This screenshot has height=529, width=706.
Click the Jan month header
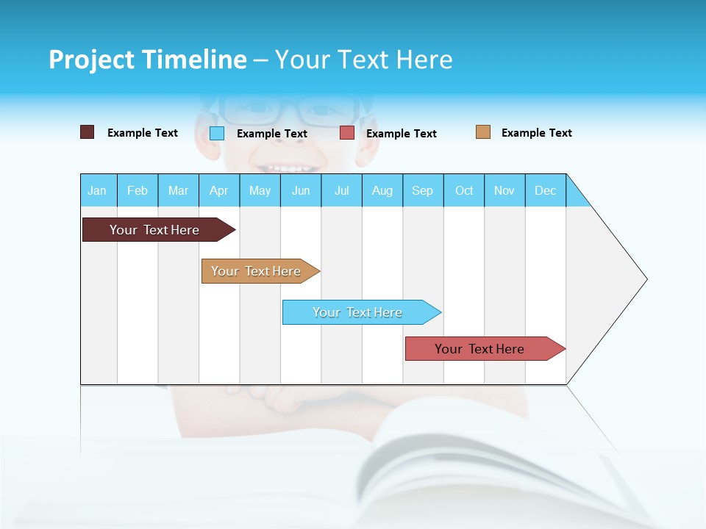98,190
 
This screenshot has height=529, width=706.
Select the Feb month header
138,190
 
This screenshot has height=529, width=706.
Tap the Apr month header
219,190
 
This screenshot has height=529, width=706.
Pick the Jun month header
301,190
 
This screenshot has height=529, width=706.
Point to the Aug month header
382,190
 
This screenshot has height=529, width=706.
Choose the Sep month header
423,190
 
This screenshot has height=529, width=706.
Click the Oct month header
464,190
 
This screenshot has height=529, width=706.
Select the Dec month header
546,190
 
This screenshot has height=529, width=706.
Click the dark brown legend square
88,132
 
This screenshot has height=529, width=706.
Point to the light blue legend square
217,133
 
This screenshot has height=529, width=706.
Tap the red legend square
347,133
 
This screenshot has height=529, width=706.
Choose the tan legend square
483,132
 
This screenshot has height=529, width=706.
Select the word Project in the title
90,60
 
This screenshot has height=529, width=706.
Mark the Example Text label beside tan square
536,133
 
